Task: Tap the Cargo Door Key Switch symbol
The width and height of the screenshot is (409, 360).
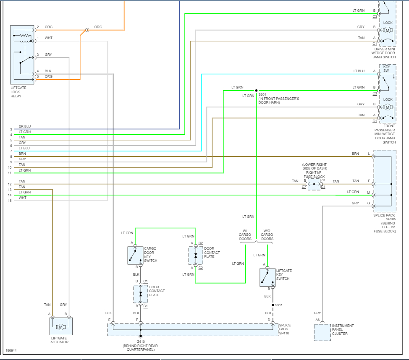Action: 135,255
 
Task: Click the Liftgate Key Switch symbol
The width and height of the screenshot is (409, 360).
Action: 267,277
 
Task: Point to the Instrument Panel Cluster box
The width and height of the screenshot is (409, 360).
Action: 322,332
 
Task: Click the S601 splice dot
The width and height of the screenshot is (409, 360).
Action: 256,90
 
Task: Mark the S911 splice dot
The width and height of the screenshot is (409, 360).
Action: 273,305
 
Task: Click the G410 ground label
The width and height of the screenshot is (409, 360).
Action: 141,342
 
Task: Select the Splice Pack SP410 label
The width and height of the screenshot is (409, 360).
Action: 285,329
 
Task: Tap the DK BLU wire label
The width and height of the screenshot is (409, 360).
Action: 25,126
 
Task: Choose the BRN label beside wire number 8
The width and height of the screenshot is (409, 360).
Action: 22,154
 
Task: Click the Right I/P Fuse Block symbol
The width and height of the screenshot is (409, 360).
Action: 314,184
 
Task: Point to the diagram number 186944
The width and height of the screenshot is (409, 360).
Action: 11,350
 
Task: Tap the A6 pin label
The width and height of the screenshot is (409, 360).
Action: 317,320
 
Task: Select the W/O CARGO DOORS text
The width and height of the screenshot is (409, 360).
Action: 267,235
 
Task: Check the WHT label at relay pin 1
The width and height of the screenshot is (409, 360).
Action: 49,38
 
